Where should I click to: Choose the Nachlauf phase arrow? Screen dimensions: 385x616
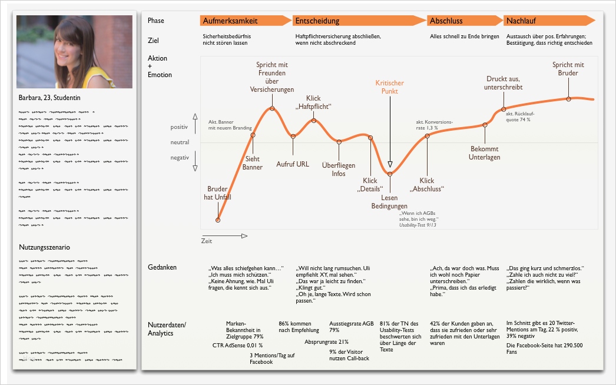click(x=551, y=21)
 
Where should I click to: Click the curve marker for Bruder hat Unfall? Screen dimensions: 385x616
click(x=218, y=220)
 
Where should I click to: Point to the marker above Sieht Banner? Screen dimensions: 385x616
click(x=253, y=135)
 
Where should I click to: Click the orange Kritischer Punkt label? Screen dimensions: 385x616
click(x=390, y=87)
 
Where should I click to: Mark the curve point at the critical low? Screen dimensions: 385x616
click(x=390, y=173)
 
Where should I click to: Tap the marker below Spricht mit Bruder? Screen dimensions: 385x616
click(x=568, y=99)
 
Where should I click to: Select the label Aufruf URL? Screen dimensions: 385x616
click(x=293, y=164)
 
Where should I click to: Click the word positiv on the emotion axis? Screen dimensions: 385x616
click(x=179, y=127)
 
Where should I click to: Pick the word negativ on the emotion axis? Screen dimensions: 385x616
click(x=180, y=158)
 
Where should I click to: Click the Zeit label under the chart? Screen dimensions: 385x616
click(x=206, y=241)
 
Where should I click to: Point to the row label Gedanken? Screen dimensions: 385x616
click(x=163, y=268)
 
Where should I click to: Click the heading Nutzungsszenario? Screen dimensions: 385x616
click(x=45, y=247)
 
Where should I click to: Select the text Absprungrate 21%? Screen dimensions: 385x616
click(x=327, y=341)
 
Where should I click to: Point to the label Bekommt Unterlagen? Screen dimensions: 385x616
click(x=485, y=153)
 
